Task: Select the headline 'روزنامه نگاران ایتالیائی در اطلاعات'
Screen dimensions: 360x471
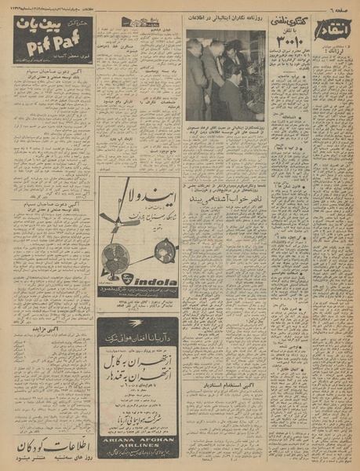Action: [226, 23]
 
